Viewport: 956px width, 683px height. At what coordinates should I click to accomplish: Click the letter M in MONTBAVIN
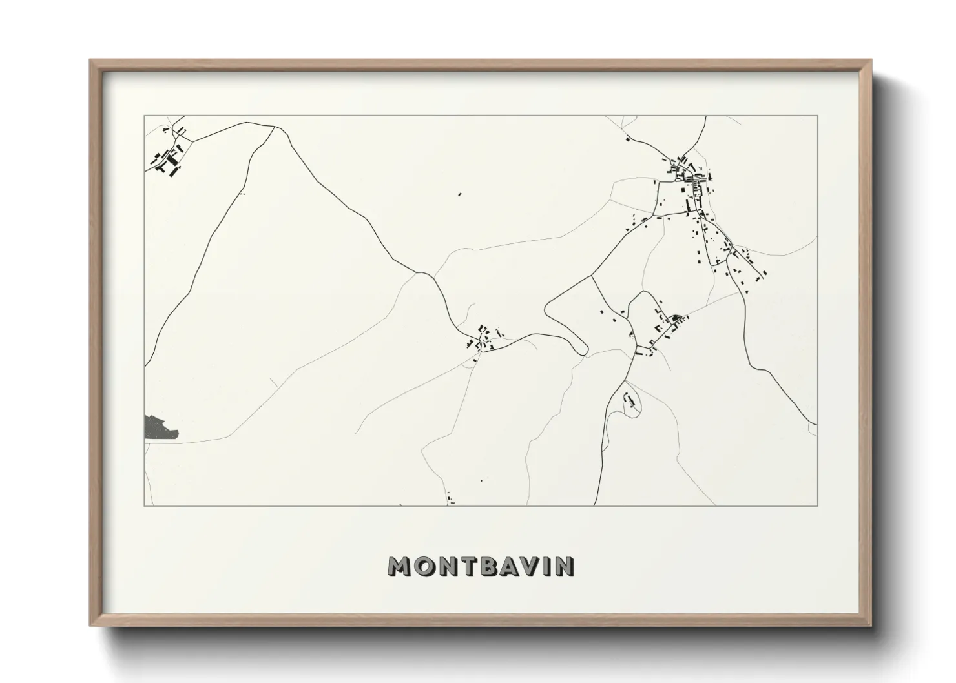[x=400, y=567]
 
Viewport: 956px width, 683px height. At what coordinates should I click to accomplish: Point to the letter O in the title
[x=425, y=567]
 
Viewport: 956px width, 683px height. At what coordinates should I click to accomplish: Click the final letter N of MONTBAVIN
[x=565, y=567]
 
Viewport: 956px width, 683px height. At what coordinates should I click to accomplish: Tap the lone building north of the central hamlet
[x=460, y=193]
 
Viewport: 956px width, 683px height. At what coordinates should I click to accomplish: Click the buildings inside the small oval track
[x=630, y=401]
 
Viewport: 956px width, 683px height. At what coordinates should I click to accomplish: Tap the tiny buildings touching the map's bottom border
[x=451, y=501]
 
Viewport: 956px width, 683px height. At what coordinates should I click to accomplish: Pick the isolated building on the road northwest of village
[x=627, y=138]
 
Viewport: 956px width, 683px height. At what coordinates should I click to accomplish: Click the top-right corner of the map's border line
[x=817, y=116]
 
